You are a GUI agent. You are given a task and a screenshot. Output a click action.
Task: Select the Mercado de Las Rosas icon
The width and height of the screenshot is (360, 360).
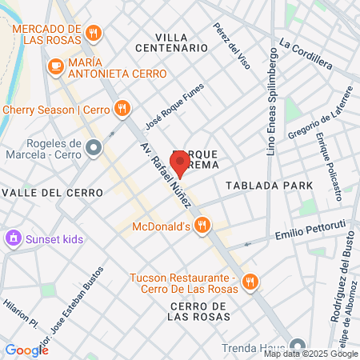tap(94, 33)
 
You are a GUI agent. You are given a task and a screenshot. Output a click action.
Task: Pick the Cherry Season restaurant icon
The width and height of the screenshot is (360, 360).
tap(122, 108)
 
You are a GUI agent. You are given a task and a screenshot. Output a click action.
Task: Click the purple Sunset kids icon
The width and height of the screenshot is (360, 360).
tap(13, 238)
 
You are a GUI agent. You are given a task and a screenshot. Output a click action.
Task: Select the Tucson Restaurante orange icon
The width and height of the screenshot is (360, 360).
tap(250, 281)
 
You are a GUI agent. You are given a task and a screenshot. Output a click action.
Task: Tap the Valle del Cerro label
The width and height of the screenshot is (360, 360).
tap(52, 193)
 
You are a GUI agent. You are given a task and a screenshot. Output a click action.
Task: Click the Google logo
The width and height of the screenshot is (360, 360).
tap(26, 350)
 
